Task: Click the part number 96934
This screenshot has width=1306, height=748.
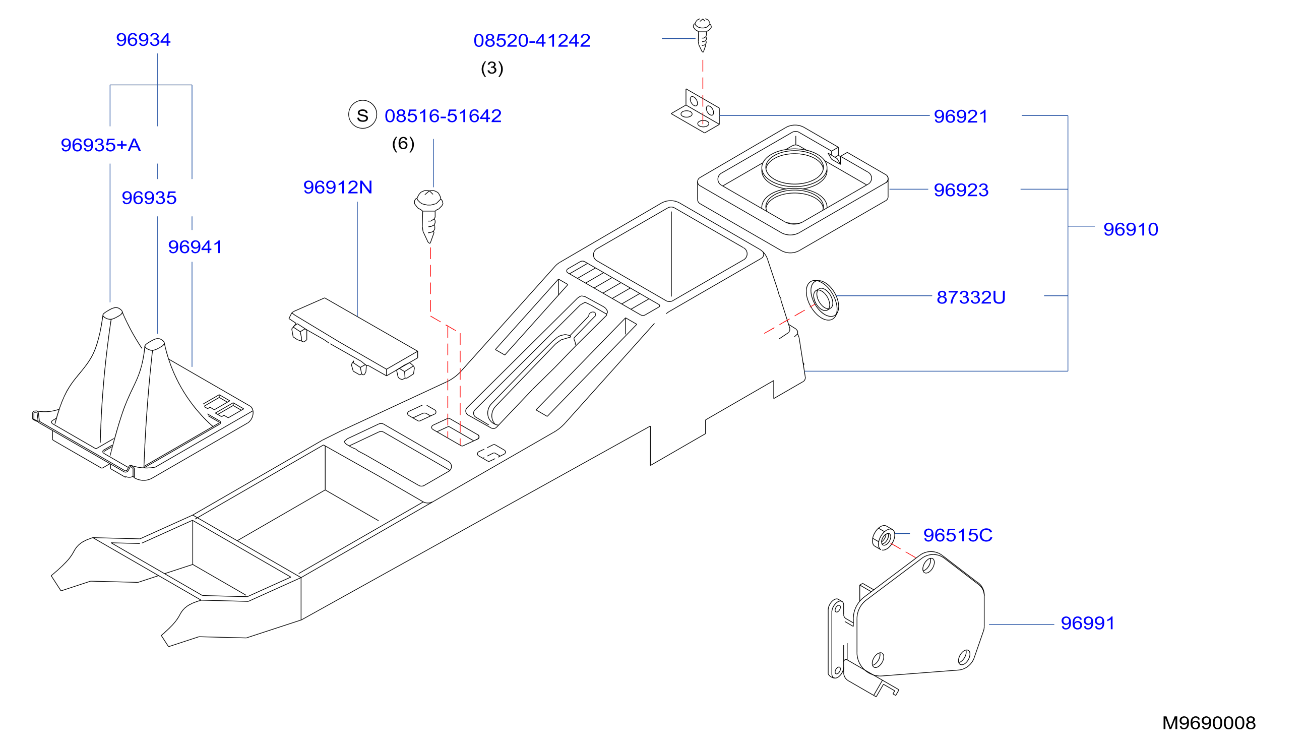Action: tap(143, 39)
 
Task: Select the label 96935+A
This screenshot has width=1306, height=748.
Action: tap(101, 145)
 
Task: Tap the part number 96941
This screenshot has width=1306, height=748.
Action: tap(195, 246)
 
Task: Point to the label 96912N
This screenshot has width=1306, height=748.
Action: tap(338, 187)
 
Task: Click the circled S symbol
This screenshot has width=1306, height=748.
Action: tap(363, 114)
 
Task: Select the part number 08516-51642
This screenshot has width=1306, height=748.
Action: tap(443, 115)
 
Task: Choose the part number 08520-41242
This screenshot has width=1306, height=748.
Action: tap(532, 40)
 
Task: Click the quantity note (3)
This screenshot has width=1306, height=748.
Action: tap(491, 68)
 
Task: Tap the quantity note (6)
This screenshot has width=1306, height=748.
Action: tap(403, 143)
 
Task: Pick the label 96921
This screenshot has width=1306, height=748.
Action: tap(961, 116)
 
